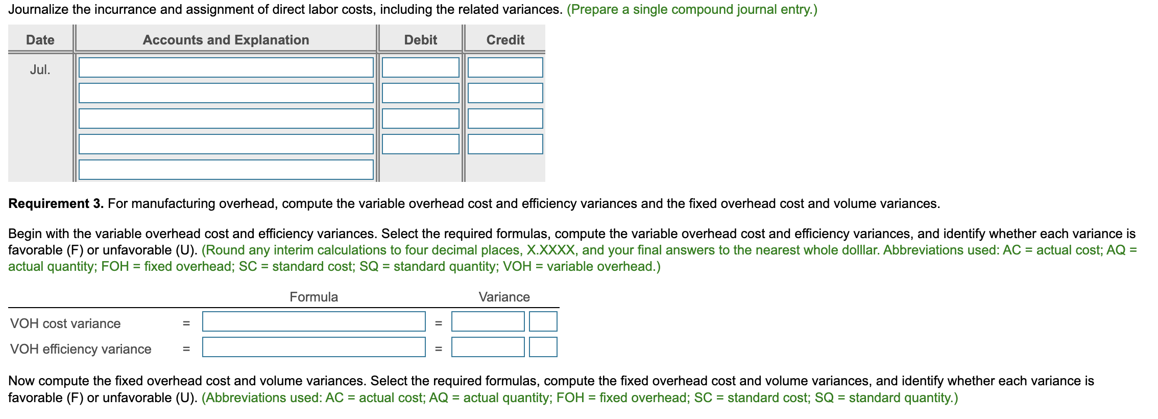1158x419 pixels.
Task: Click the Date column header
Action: pos(40,40)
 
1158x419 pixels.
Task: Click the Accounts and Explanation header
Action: pos(226,40)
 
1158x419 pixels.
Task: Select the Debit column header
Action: pos(420,40)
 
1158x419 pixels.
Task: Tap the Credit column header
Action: pos(505,40)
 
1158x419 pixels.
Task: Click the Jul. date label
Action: pos(40,69)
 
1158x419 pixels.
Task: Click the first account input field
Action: pos(226,67)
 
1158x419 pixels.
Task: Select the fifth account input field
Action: pos(226,170)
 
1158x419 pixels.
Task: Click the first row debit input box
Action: pos(420,67)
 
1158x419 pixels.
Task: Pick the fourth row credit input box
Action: pos(505,144)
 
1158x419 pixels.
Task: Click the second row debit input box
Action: pos(420,93)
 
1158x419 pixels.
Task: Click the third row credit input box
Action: pos(505,119)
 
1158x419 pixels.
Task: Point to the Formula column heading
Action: pos(313,297)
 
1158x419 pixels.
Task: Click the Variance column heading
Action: pos(504,297)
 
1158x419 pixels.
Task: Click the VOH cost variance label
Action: pos(65,323)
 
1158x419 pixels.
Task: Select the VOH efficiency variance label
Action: pos(81,349)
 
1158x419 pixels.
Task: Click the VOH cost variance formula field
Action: pos(313,321)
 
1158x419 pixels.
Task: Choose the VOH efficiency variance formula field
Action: pos(313,347)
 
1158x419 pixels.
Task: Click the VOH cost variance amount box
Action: pos(488,321)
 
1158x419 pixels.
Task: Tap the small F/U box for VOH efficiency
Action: pos(543,347)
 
